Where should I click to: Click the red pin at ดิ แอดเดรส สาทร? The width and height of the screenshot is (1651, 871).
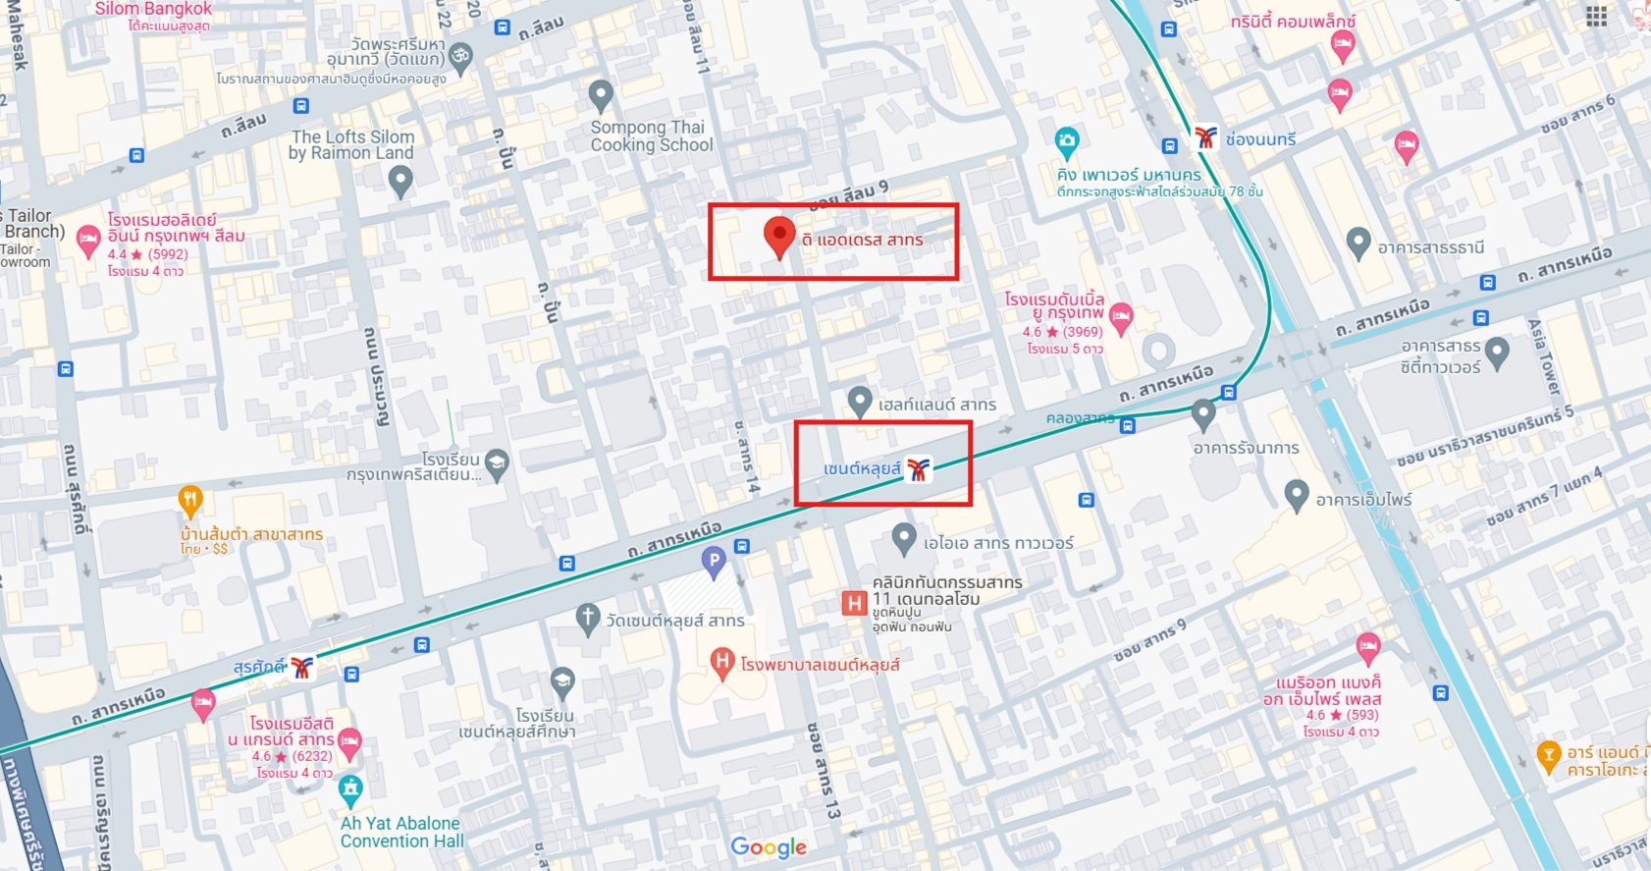click(x=778, y=237)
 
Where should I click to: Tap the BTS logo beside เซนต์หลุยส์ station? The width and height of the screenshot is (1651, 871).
click(x=918, y=469)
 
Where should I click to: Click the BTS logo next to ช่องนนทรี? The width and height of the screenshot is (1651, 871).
click(x=1205, y=137)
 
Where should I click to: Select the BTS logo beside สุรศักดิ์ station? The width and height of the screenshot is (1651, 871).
click(x=302, y=668)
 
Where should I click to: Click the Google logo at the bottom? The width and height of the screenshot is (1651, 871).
click(x=769, y=847)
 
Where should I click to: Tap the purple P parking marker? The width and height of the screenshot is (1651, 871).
click(x=714, y=562)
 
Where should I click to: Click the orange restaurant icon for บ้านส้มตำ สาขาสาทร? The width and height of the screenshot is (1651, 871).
click(x=190, y=501)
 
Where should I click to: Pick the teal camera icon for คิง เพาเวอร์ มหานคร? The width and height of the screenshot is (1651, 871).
click(x=1067, y=141)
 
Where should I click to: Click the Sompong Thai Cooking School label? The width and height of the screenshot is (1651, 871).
click(x=651, y=136)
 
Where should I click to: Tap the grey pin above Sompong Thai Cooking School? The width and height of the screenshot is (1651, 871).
click(x=601, y=95)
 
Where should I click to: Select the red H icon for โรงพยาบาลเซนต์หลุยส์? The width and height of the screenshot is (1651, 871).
click(x=722, y=663)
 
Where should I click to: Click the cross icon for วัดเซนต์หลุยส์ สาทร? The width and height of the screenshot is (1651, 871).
click(x=587, y=619)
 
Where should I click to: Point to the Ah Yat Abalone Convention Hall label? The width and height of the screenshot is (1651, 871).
click(x=400, y=832)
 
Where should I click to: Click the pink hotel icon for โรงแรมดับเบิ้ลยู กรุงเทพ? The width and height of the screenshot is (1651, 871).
click(x=1121, y=316)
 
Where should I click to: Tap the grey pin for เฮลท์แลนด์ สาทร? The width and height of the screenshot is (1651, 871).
click(x=860, y=401)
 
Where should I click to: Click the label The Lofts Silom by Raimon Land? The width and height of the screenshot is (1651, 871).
click(x=351, y=145)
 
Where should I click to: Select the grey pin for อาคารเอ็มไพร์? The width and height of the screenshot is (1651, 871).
click(x=1297, y=496)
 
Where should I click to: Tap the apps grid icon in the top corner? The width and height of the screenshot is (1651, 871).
click(x=1597, y=16)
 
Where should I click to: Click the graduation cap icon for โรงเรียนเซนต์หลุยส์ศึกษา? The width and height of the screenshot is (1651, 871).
click(x=562, y=680)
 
